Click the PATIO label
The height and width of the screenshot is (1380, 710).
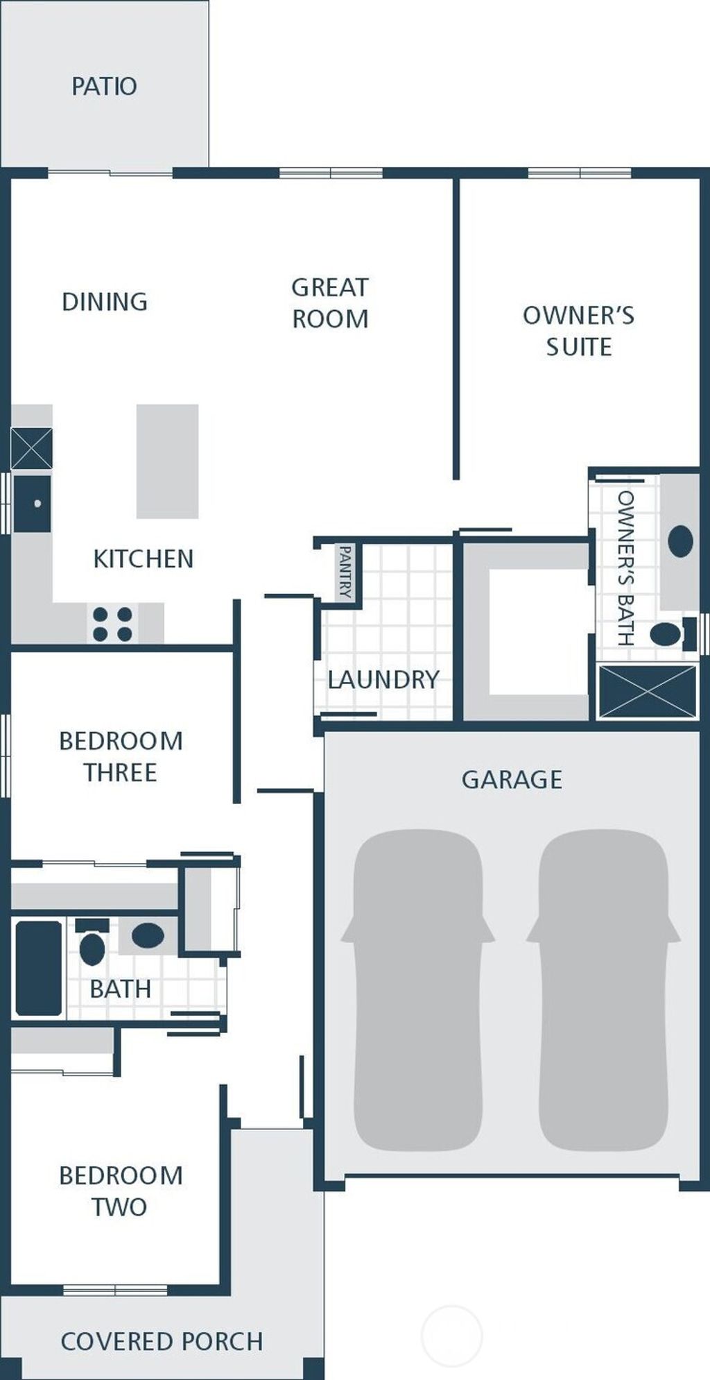(104, 87)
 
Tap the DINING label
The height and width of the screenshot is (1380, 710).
(105, 302)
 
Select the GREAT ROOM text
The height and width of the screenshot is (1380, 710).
(330, 303)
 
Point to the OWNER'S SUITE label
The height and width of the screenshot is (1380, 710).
(578, 331)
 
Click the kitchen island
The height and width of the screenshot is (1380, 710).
(167, 461)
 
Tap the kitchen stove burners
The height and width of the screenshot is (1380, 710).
(112, 624)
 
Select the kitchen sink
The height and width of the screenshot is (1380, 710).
(32, 504)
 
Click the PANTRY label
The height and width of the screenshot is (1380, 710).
(345, 572)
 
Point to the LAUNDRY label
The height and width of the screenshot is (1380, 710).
(383, 680)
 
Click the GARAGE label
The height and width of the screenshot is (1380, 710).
(512, 780)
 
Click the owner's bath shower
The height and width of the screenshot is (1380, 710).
(648, 691)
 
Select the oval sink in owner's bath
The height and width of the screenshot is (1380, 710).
(680, 541)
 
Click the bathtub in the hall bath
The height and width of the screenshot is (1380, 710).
(39, 969)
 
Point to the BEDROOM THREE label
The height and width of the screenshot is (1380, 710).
(121, 757)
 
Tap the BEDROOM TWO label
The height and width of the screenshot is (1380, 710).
(121, 1191)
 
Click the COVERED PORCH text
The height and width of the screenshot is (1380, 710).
(162, 1342)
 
